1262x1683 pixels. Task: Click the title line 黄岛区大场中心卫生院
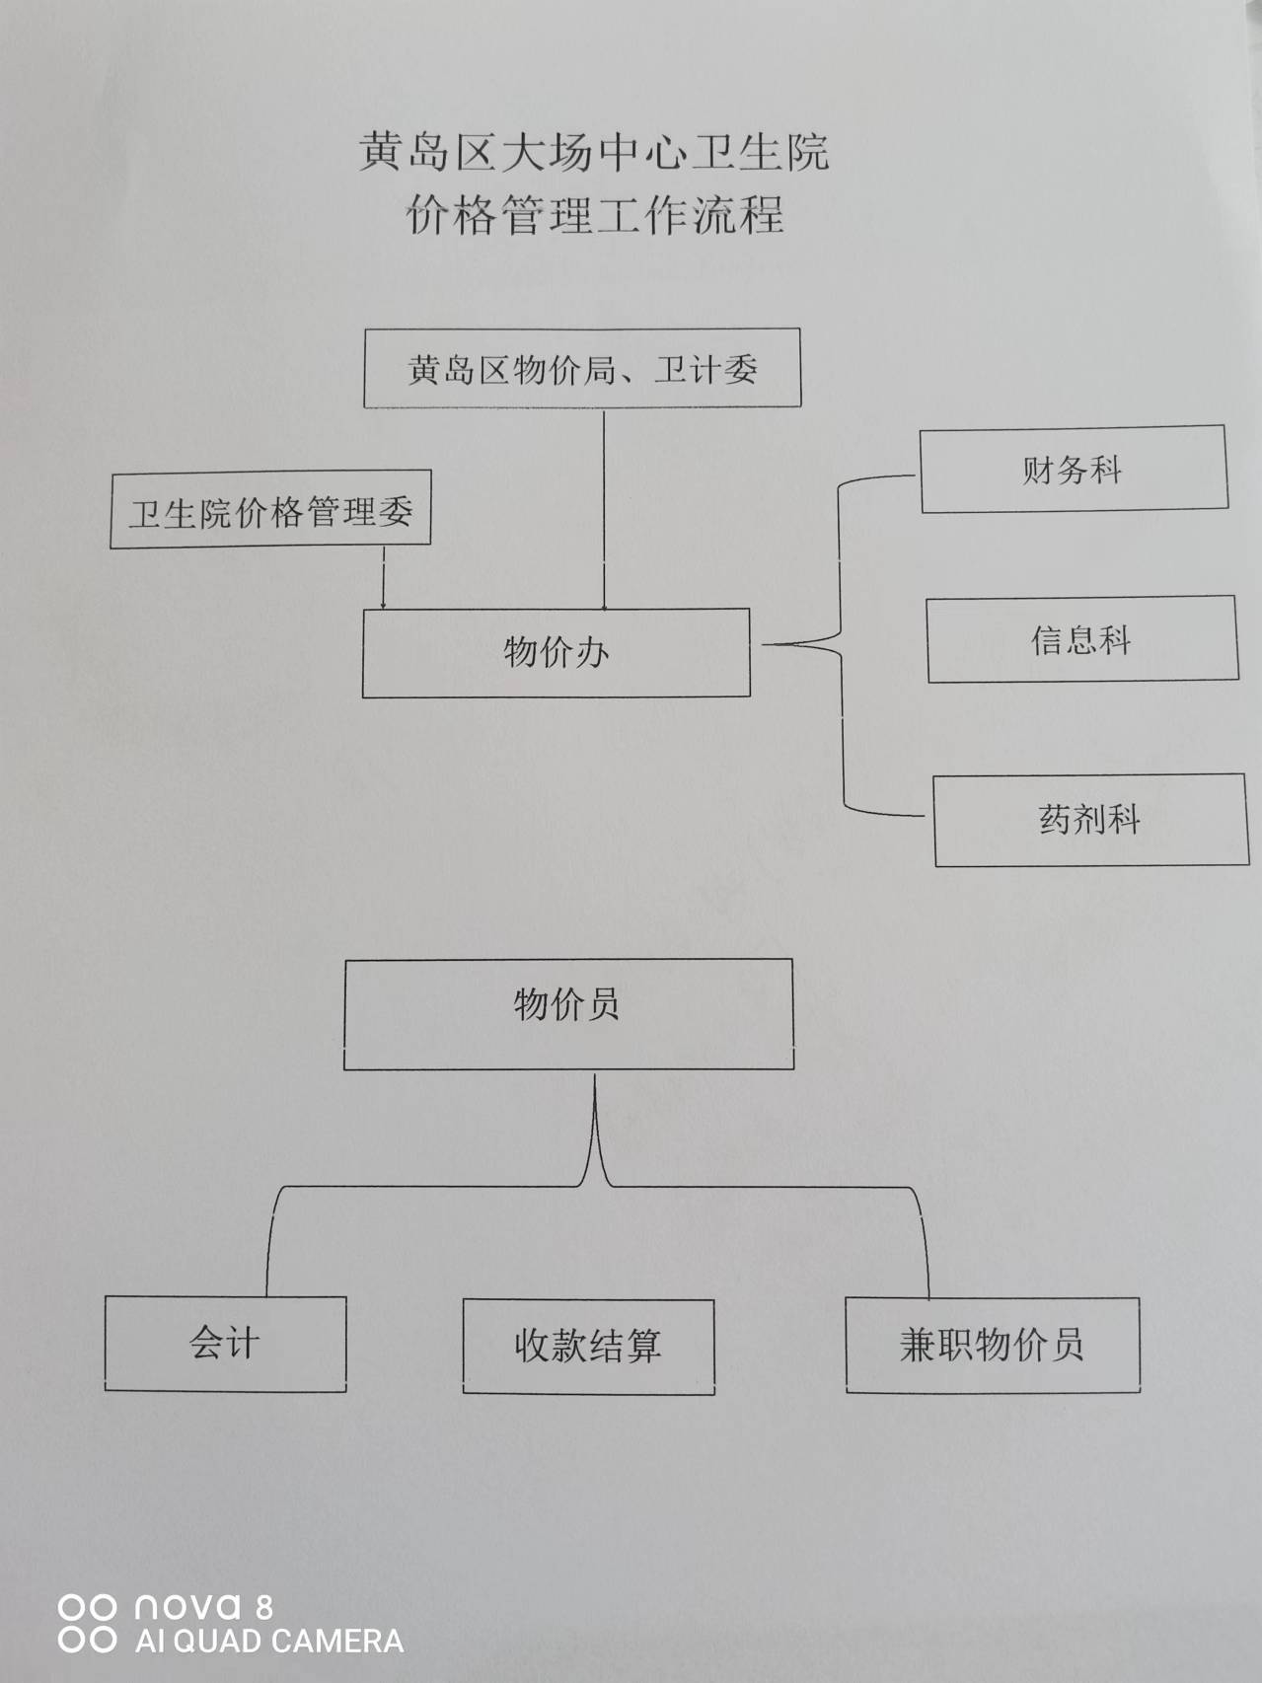click(x=593, y=153)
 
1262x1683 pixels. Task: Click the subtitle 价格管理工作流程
click(x=595, y=214)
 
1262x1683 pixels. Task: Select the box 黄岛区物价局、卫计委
click(x=582, y=369)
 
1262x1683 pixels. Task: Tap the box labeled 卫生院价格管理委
click(x=270, y=510)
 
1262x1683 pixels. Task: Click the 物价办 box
click(x=556, y=653)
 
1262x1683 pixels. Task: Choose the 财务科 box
click(x=1074, y=470)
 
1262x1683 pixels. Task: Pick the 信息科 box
click(x=1081, y=640)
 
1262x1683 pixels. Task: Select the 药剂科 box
click(x=1090, y=820)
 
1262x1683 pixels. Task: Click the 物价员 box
click(x=568, y=1013)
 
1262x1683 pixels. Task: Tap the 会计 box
click(x=225, y=1344)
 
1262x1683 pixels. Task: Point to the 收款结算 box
click(x=588, y=1346)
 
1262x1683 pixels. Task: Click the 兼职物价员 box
click(x=992, y=1346)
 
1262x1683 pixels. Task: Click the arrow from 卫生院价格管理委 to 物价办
click(x=383, y=577)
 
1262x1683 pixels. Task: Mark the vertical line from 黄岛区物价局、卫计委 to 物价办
click(x=604, y=508)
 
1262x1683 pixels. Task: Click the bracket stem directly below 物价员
click(x=595, y=1125)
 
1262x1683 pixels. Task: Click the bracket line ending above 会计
click(x=268, y=1243)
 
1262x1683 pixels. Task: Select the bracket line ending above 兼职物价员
click(x=926, y=1243)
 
